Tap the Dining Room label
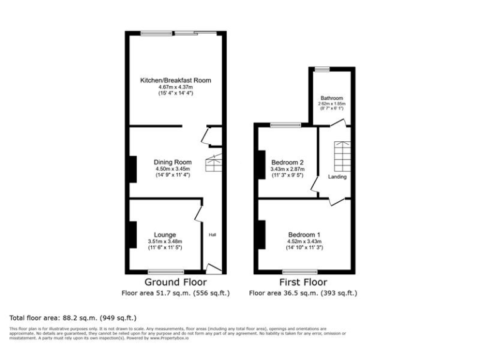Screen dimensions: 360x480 pos(172,161)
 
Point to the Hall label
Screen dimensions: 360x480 pos(212,235)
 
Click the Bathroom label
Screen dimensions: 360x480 pos(332,98)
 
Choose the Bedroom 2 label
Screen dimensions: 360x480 pos(287,162)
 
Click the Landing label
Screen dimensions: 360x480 pos(337,177)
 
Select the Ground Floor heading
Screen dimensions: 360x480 pos(176,282)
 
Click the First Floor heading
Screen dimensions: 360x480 pos(303,282)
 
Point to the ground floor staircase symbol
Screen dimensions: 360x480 pos(214,162)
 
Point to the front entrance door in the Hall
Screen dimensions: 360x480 pos(214,268)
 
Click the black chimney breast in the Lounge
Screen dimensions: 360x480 pos(132,235)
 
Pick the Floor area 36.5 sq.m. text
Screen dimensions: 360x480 pos(303,292)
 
